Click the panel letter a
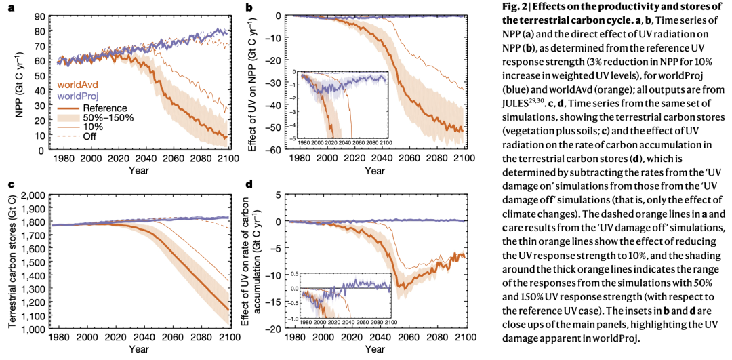point(11,8)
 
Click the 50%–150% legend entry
point(108,117)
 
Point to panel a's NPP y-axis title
point(20,82)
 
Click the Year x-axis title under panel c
point(138,350)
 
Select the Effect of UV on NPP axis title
point(252,81)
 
